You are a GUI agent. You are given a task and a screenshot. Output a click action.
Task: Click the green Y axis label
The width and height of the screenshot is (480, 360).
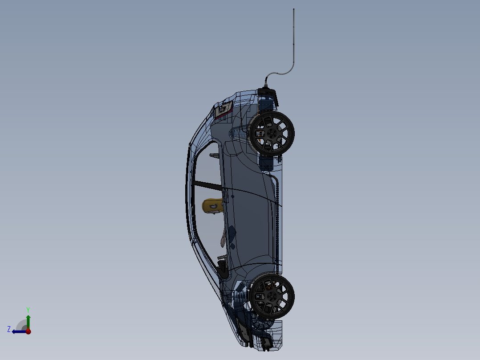28,309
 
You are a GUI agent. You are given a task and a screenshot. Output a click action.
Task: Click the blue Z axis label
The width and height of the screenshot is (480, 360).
9,329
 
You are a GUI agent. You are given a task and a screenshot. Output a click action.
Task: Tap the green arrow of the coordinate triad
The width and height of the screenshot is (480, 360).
28,320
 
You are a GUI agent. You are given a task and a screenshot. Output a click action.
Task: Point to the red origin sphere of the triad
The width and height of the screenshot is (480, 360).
28,331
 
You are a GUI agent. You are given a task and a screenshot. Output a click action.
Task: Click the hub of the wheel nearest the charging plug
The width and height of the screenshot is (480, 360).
271,133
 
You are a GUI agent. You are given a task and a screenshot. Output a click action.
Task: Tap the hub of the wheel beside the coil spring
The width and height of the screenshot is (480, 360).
271,296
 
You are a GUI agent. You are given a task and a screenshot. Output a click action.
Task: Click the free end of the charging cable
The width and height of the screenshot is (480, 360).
294,9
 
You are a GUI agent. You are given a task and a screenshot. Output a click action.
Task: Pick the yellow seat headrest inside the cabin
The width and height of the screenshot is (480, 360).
212,206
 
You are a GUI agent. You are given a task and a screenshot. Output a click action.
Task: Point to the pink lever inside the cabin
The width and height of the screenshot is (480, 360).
223,241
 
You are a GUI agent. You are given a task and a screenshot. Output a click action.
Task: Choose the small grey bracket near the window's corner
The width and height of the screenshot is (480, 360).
214,155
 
